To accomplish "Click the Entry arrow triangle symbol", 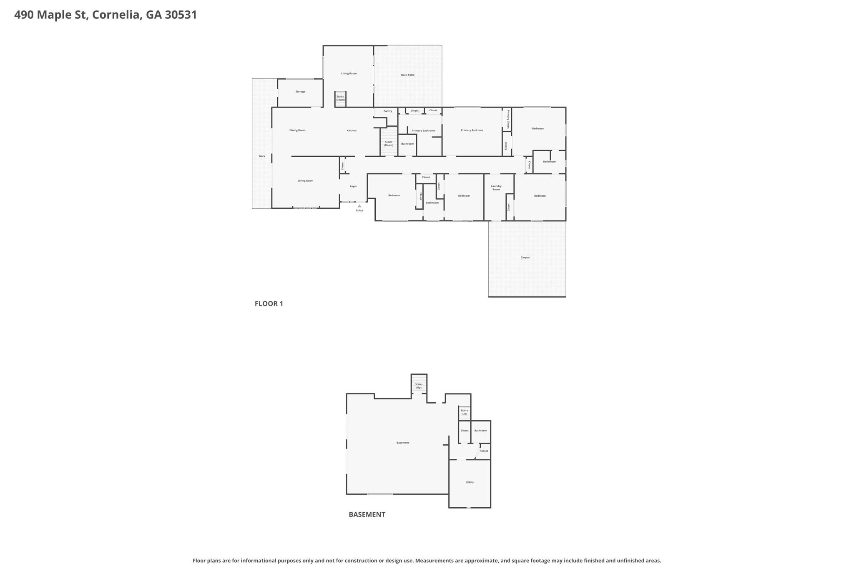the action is point(359,206).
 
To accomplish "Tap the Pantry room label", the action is point(388,111).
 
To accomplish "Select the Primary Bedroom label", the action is point(472,130).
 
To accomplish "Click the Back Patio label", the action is point(408,75).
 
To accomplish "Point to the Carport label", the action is point(525,258).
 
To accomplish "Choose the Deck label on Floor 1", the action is point(262,156).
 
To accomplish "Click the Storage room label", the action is point(300,92).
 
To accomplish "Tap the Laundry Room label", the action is point(496,188).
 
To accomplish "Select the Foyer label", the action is point(353,186).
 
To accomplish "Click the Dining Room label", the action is point(297,130).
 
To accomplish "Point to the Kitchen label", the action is point(352,131).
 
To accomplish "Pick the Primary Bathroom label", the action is point(423,131).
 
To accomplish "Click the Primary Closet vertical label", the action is point(508,119).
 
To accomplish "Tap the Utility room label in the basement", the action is point(470,482).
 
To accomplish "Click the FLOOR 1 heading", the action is point(269,303).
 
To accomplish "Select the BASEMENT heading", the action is point(367,514).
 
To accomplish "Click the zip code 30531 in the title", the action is point(181,15).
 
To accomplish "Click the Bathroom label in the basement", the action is point(481,431).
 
